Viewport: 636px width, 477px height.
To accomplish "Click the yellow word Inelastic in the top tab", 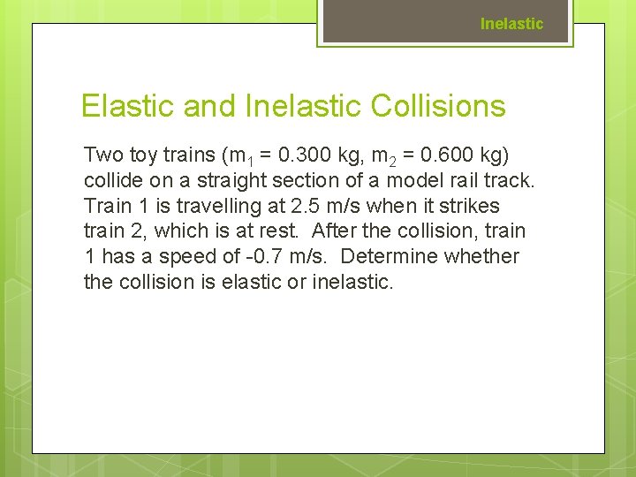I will (x=511, y=24).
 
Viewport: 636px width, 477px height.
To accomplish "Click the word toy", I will (x=146, y=155).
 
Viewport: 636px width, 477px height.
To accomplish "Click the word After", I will (x=334, y=231).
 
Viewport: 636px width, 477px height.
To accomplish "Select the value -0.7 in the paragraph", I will (x=270, y=257).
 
